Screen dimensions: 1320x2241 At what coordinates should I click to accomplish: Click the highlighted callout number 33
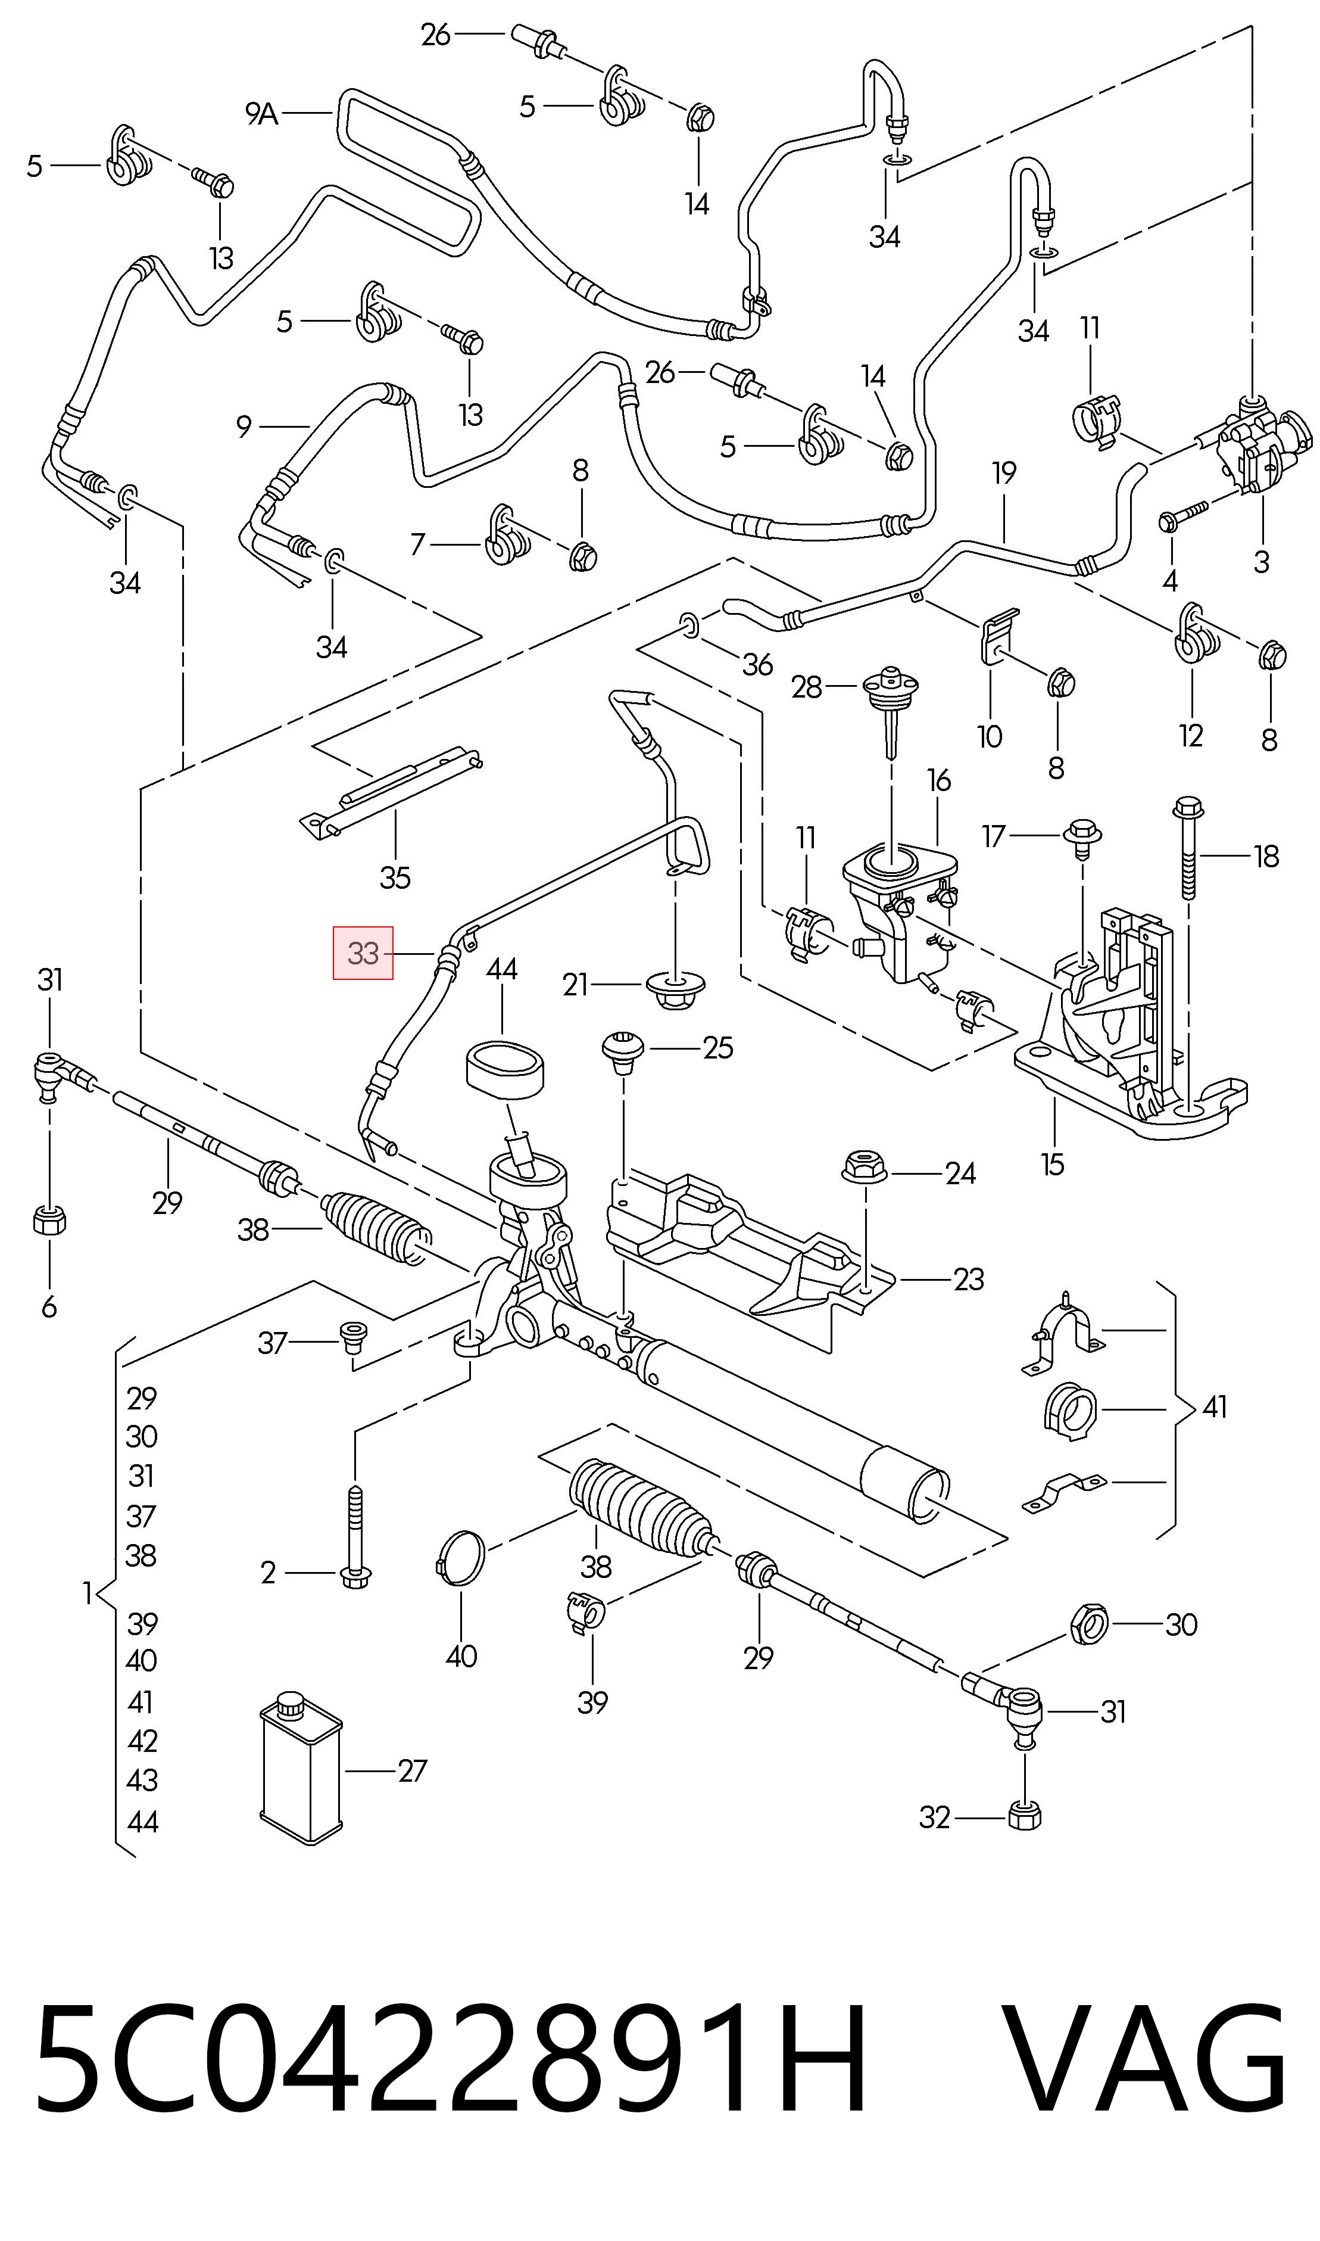coord(363,953)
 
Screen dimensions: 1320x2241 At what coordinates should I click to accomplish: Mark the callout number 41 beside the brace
coord(1214,1406)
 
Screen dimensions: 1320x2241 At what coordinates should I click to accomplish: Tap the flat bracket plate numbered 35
coord(391,791)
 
